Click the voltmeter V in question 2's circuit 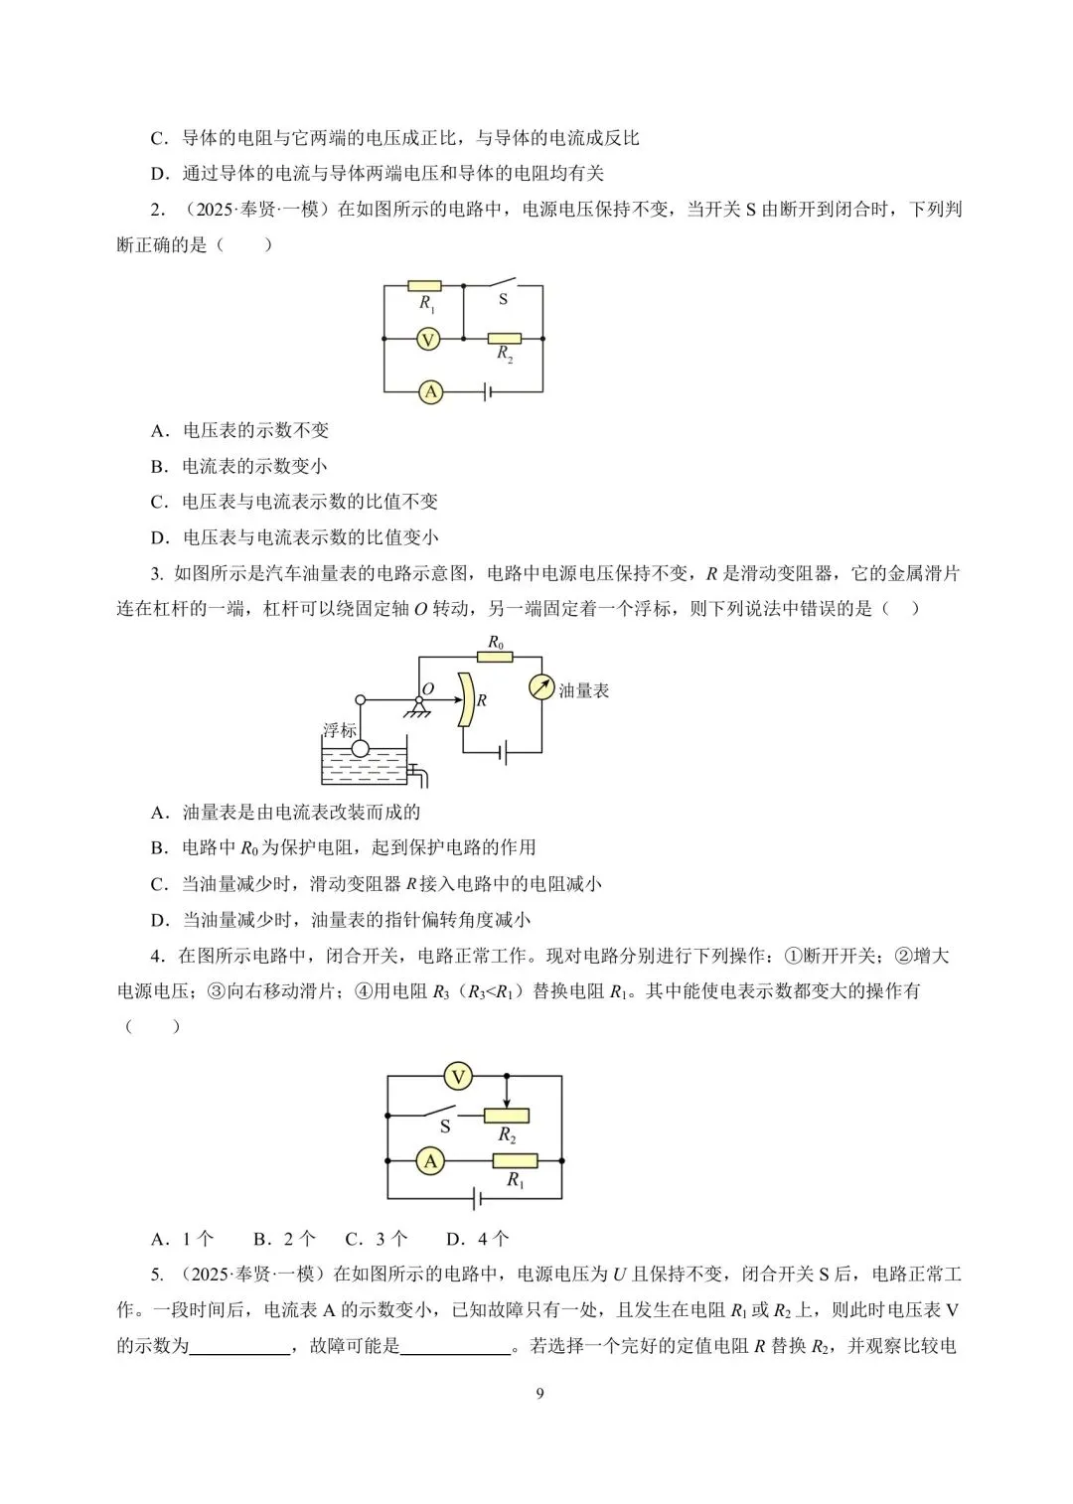(x=427, y=340)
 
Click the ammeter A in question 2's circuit (x=430, y=392)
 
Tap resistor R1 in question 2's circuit (x=424, y=286)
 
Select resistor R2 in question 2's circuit (x=504, y=339)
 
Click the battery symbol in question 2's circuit (x=486, y=392)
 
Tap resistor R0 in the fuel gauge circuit (x=495, y=657)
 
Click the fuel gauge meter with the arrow (x=541, y=687)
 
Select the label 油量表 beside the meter (x=584, y=690)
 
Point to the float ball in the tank (x=360, y=748)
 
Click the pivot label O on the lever (x=428, y=688)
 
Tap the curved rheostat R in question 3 (x=464, y=699)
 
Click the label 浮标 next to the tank (x=339, y=729)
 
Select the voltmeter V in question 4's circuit (x=458, y=1076)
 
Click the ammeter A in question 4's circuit (x=430, y=1160)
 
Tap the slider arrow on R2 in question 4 (x=507, y=1095)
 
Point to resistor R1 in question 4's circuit (x=515, y=1160)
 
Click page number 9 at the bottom (x=539, y=1394)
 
